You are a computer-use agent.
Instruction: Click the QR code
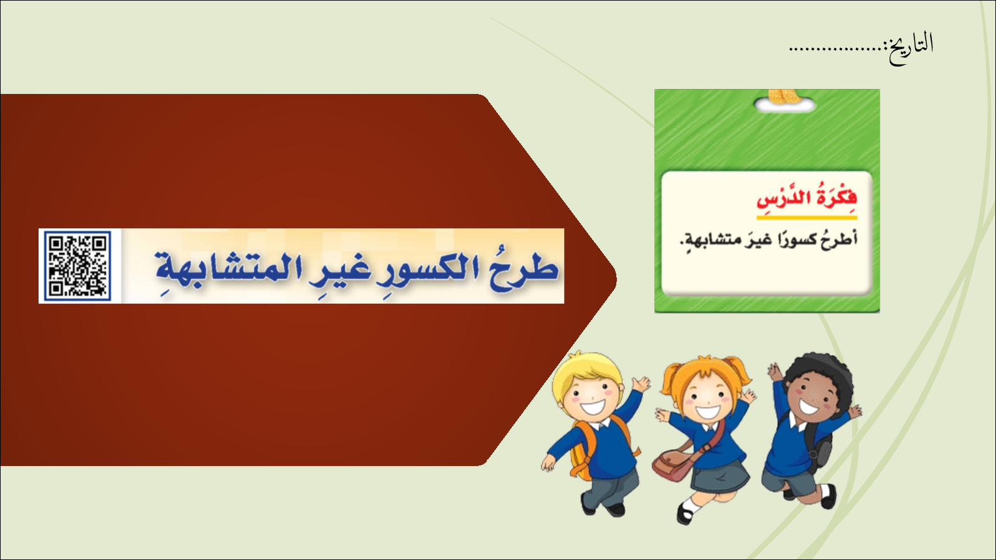[x=77, y=266]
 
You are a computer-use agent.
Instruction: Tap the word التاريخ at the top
[x=911, y=47]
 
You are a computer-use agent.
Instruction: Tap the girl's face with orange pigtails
[x=707, y=400]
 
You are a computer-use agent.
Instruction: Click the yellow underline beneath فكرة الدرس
[x=807, y=218]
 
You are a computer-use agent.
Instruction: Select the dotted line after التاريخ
[x=838, y=50]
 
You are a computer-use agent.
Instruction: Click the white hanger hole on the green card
[x=785, y=105]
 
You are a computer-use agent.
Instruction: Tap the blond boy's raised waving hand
[x=641, y=383]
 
